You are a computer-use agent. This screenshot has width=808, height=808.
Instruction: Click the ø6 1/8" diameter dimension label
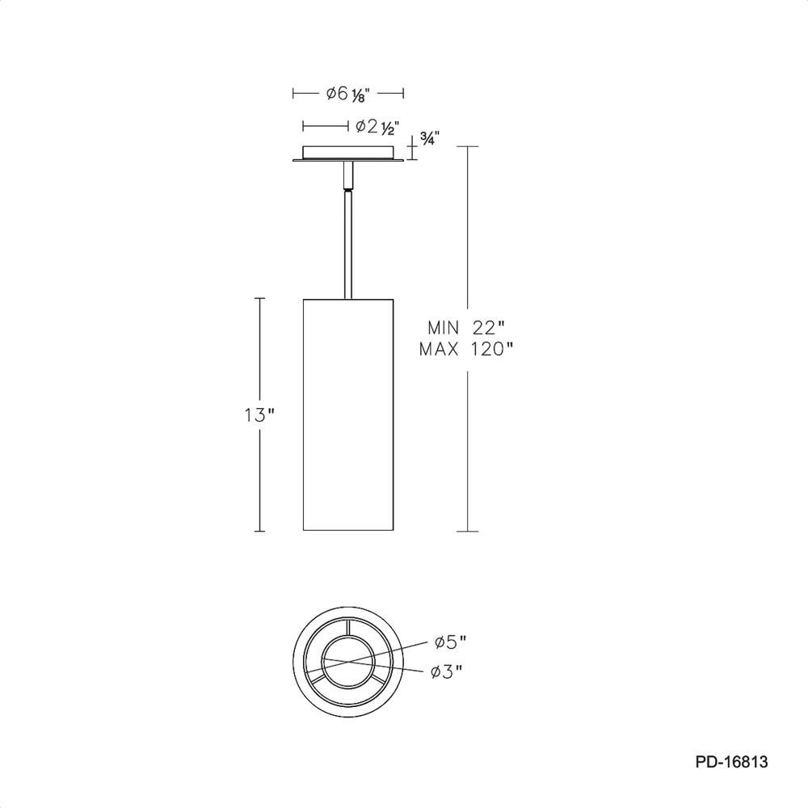(348, 95)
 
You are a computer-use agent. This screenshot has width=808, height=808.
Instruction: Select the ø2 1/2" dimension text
(378, 127)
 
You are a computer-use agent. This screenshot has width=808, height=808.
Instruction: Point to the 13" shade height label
(260, 415)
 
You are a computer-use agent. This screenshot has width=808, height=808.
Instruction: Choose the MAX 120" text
(467, 350)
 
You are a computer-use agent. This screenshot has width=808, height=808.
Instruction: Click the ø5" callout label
(451, 642)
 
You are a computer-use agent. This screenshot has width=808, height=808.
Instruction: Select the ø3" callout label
(447, 671)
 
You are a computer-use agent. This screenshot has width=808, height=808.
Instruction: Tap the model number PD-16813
(732, 762)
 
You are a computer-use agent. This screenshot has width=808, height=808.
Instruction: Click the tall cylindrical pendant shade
(348, 415)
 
